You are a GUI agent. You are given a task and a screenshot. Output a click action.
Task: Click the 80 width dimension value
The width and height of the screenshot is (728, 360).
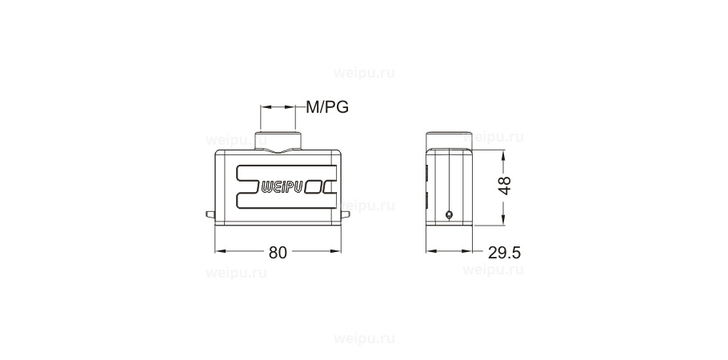277,252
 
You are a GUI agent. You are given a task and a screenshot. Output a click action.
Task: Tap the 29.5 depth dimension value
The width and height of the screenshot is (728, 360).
504,253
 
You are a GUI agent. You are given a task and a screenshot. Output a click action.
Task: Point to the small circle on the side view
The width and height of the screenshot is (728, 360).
449,214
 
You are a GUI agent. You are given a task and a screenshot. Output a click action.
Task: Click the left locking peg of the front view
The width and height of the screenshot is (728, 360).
210,214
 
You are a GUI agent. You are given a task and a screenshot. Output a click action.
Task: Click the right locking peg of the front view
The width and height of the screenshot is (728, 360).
347,214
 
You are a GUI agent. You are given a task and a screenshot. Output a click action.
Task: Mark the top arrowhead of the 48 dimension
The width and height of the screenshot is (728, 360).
502,153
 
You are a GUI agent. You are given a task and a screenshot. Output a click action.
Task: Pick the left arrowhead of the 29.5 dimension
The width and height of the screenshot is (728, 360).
431,252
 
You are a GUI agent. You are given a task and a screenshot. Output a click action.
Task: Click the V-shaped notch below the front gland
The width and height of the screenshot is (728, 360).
278,150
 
